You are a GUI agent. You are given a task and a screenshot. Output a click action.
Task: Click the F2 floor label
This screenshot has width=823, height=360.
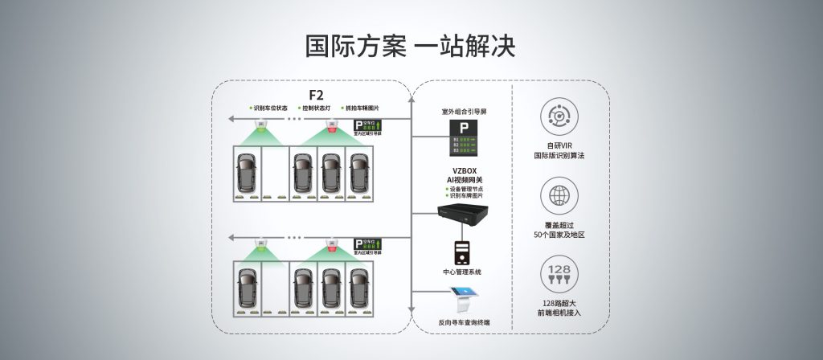(316, 94)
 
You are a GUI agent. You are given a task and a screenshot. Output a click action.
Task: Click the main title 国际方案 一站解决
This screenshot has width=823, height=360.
(411, 46)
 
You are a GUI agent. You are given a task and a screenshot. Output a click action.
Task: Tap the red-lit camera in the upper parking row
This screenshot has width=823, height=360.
(331, 126)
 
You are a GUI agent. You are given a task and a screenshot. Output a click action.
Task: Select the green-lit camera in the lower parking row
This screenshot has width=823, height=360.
(261, 242)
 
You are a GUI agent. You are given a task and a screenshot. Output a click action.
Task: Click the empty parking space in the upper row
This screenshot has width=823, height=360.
(275, 173)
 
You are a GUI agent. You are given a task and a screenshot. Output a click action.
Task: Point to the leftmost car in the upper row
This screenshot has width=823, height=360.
(247, 171)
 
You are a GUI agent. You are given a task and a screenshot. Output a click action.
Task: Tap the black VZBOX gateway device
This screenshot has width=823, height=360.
(464, 215)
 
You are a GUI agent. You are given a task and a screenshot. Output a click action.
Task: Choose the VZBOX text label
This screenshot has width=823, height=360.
(464, 170)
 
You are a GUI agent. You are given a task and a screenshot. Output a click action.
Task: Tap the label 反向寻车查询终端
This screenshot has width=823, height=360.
(464, 322)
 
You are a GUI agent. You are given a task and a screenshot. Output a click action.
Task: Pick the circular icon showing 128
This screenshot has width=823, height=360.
(559, 273)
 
